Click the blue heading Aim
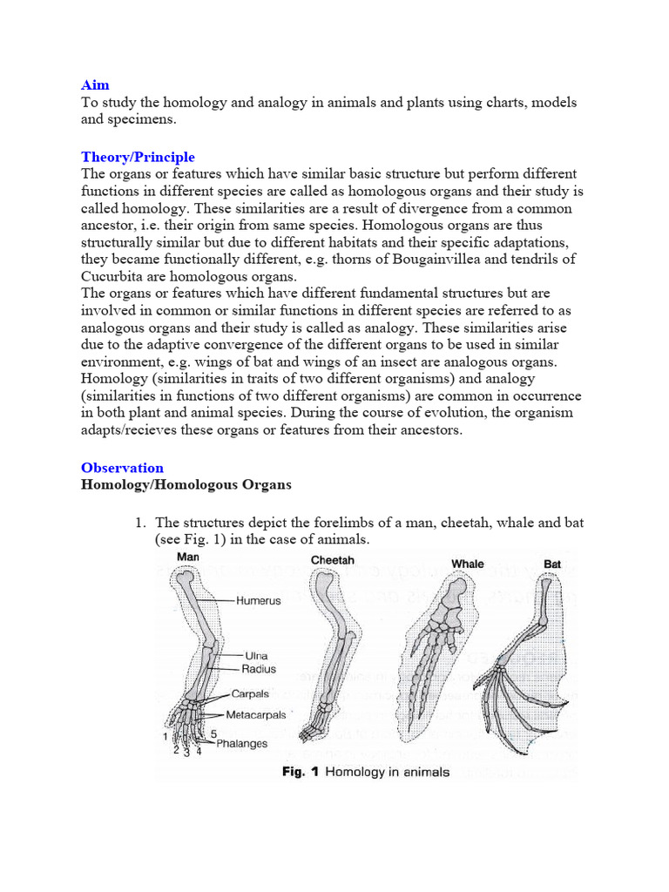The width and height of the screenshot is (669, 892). coord(95,85)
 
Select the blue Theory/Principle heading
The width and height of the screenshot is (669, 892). coord(138,157)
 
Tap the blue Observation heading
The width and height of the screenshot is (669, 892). coord(122,468)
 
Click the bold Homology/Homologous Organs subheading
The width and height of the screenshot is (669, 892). coord(186,484)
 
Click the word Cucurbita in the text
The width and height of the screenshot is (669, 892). coord(111,276)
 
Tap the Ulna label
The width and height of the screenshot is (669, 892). coord(256,655)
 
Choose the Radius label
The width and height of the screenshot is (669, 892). coord(259,669)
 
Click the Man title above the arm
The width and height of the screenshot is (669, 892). coord(189,557)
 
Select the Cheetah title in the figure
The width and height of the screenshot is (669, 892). coord(333,560)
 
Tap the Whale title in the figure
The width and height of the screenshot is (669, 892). coord(468,564)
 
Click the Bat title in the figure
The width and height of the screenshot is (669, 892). coord(552,564)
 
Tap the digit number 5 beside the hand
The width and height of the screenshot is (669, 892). coord(213,734)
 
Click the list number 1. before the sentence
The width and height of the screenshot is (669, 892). coord(139,523)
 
